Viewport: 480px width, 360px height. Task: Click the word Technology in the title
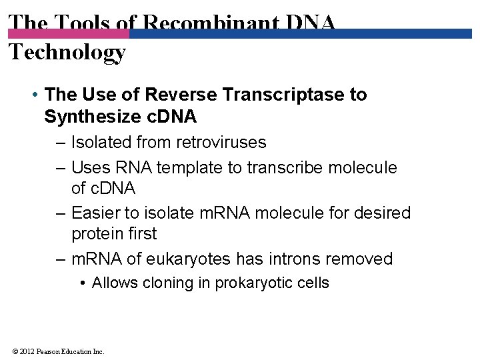click(x=67, y=53)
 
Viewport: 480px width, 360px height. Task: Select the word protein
click(x=95, y=234)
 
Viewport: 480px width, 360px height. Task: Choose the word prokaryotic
click(x=256, y=283)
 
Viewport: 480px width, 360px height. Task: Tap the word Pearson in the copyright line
click(x=51, y=351)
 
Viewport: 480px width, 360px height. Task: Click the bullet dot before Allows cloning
click(x=81, y=283)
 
